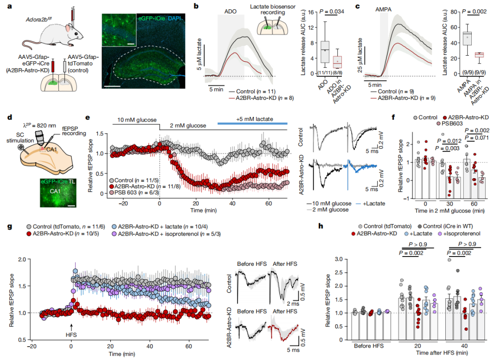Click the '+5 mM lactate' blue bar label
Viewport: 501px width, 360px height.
252,119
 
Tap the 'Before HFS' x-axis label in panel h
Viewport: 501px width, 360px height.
369,345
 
